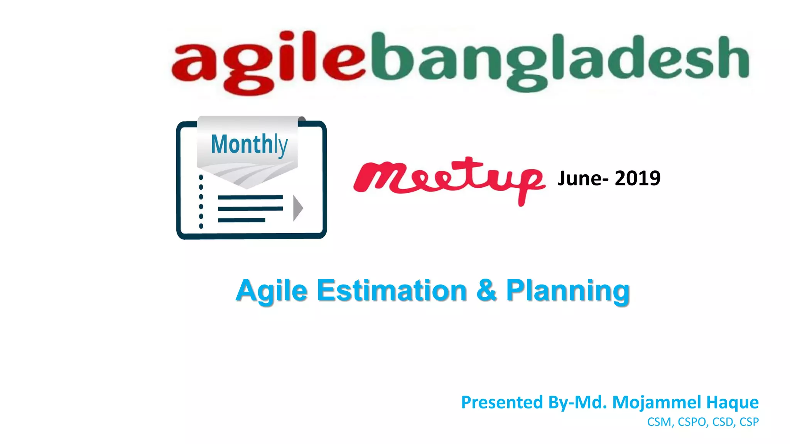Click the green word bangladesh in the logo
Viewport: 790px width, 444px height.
point(559,62)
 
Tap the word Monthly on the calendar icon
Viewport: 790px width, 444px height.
point(249,145)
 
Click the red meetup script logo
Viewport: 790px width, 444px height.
point(449,179)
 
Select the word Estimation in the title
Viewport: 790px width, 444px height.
point(392,291)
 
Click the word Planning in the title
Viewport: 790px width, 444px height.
point(568,291)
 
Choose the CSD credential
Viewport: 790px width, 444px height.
point(723,422)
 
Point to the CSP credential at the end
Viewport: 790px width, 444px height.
point(749,422)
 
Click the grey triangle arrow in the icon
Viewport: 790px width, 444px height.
point(297,208)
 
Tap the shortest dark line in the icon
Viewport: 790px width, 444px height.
point(241,220)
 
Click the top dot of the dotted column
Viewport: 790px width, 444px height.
point(201,178)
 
